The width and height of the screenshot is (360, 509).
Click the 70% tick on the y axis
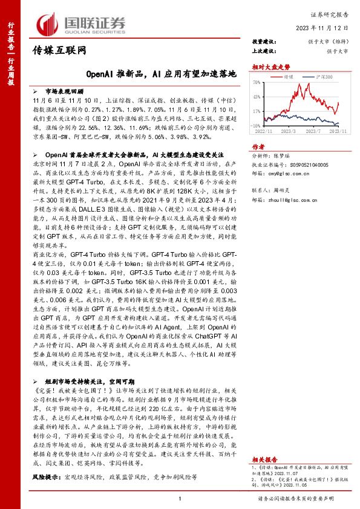(x=257, y=81)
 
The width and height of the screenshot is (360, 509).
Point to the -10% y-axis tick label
(x=257, y=125)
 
